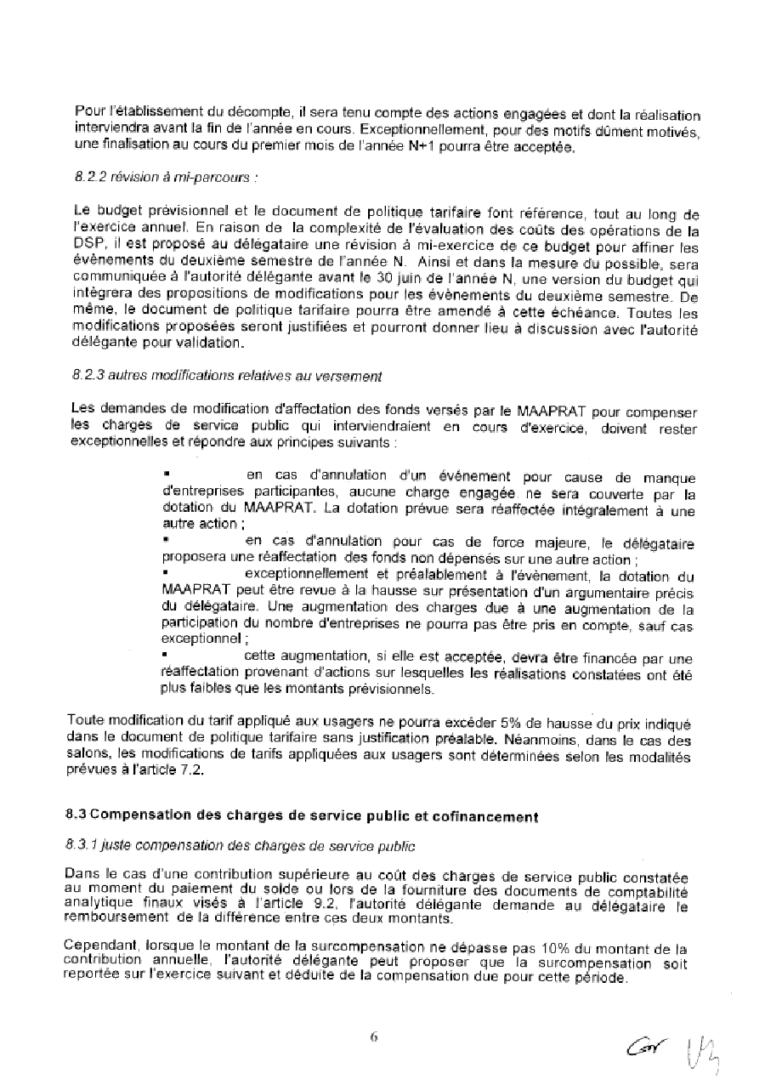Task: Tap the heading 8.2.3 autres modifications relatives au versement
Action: (x=228, y=375)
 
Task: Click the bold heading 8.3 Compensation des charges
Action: (x=302, y=815)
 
